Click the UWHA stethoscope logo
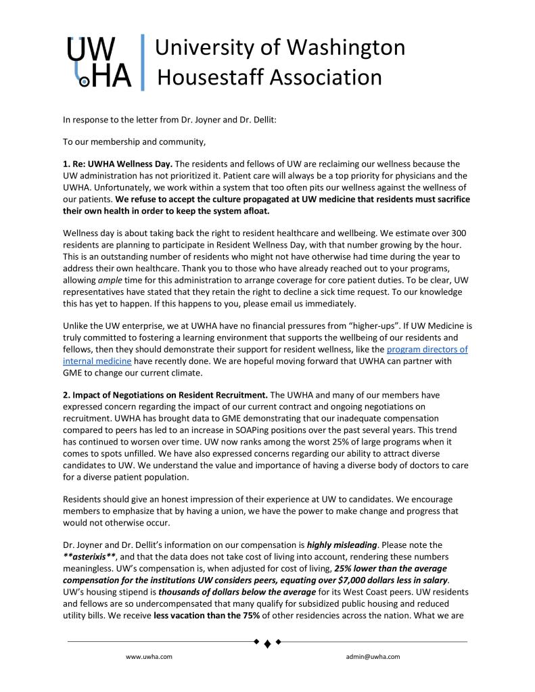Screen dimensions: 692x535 pyautogui.click(x=99, y=63)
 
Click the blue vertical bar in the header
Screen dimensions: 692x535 pyautogui.click(x=142, y=62)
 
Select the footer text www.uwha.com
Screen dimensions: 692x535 pyautogui.click(x=149, y=656)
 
